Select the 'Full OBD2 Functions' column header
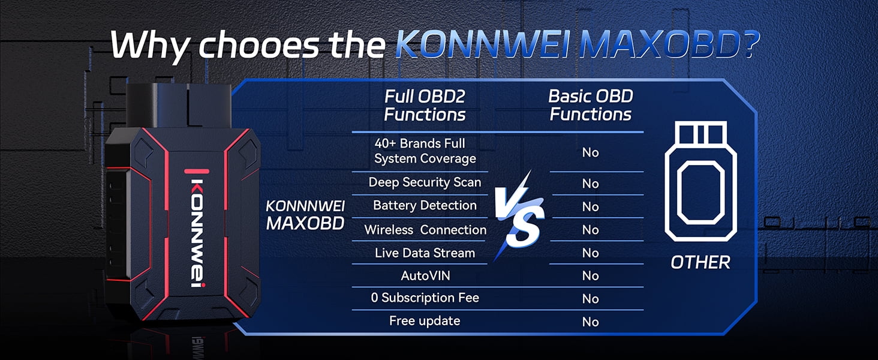tap(425, 106)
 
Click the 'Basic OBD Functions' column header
tap(591, 105)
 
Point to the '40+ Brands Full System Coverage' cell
tap(425, 151)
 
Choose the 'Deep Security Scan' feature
tap(425, 182)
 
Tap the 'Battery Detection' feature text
tap(425, 205)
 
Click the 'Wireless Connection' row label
tap(425, 230)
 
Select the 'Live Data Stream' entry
tap(425, 253)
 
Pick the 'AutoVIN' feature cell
tap(425, 275)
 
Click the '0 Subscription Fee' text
tap(425, 298)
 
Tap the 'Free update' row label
tap(425, 321)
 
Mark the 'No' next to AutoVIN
tap(590, 275)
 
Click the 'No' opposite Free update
tap(590, 322)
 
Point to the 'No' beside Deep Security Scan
tap(590, 183)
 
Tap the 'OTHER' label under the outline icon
tap(700, 263)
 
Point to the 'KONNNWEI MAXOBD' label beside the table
tap(305, 215)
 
